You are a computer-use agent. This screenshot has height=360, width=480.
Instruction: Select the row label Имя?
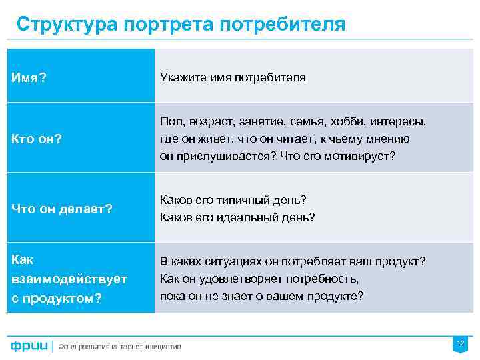pyautogui.click(x=29, y=78)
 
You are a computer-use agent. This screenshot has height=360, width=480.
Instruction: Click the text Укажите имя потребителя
pyautogui.click(x=233, y=77)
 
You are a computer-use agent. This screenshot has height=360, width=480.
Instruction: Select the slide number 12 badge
pyautogui.click(x=459, y=343)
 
